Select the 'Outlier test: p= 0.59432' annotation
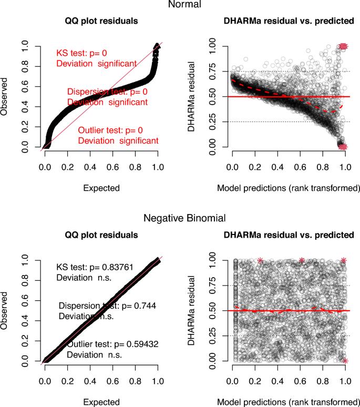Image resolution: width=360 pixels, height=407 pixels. click(113, 344)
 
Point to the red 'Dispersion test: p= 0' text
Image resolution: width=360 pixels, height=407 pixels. click(107, 92)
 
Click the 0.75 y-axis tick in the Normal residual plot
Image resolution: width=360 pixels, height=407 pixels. click(212, 72)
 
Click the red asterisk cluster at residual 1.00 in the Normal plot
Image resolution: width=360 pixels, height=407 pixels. click(343, 46)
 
